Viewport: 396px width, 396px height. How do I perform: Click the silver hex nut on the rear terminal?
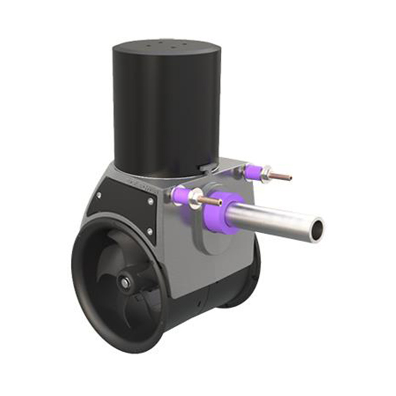pyautogui.click(x=266, y=174)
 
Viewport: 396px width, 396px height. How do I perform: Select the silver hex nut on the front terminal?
pyautogui.click(x=193, y=198)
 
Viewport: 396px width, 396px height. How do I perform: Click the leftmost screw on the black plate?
pyautogui.click(x=98, y=196)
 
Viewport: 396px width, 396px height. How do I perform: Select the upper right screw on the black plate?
pyautogui.click(x=150, y=201)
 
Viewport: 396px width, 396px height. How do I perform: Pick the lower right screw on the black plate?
pyautogui.click(x=149, y=231)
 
